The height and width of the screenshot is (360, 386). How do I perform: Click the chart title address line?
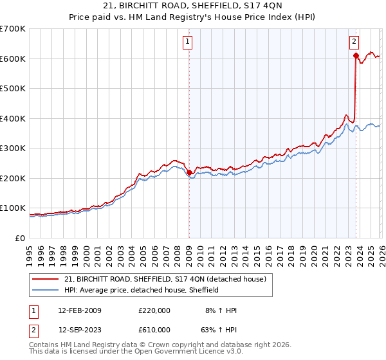click(192, 6)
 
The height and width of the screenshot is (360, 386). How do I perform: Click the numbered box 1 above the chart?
click(188, 42)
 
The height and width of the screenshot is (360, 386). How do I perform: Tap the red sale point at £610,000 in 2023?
click(356, 56)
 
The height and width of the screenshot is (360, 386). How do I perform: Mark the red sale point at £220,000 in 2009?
click(189, 172)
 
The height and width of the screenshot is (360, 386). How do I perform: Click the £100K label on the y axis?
click(13, 208)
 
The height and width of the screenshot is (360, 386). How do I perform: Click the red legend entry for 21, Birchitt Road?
click(160, 279)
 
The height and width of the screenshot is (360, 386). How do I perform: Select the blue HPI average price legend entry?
click(142, 290)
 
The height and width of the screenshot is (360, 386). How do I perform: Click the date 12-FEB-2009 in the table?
click(80, 310)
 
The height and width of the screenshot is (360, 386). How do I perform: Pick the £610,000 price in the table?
click(154, 330)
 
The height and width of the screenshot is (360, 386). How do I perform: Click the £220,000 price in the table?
click(154, 310)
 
